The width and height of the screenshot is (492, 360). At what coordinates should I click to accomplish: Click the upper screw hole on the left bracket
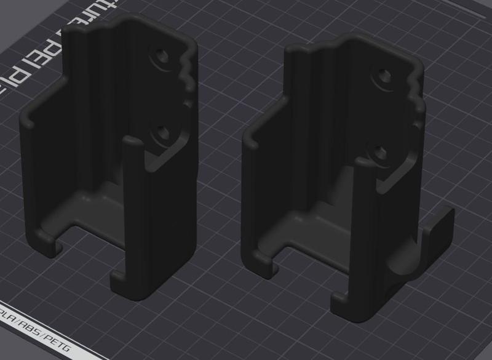coord(162,56)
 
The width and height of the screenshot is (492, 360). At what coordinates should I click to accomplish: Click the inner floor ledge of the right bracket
coord(314,225)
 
